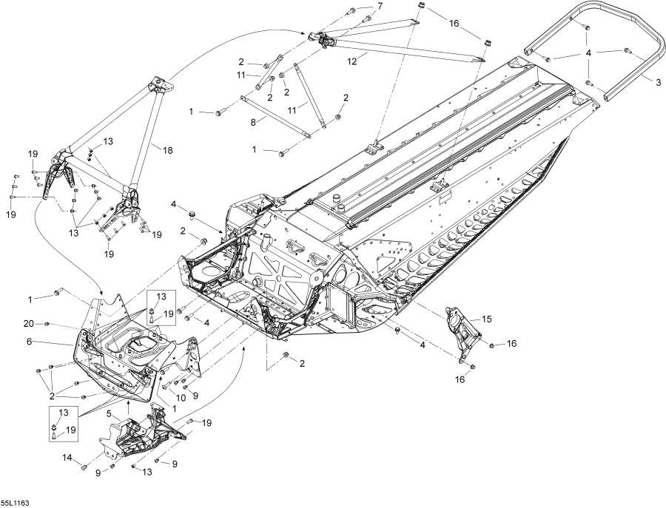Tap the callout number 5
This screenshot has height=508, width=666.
coord(109,413)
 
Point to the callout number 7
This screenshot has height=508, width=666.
coord(380,6)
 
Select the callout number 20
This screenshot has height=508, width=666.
coord(27,324)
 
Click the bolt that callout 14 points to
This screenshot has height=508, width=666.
coord(84,468)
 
